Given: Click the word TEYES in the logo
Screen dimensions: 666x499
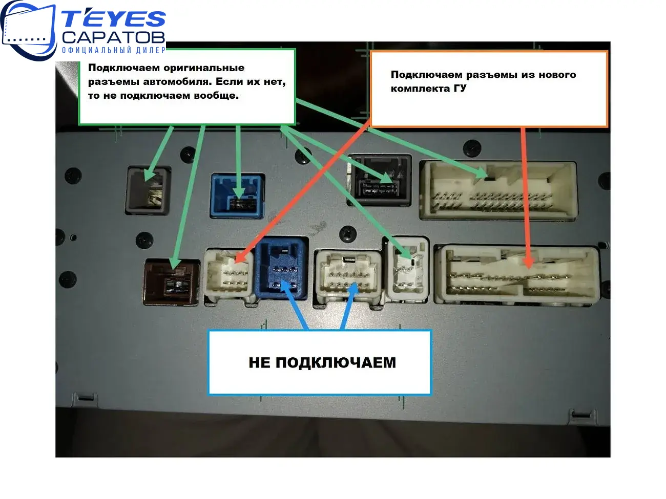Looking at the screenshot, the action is tap(114, 18).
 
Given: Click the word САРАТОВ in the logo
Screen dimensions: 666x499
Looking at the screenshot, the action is tap(114, 37).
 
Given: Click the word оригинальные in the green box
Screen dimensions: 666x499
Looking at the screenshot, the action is tap(204, 68).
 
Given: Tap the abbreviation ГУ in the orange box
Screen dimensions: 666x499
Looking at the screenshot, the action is tap(460, 88).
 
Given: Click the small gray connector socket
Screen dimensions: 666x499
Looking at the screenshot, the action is tap(149, 190).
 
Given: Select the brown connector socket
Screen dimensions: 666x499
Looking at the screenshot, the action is tap(172, 282).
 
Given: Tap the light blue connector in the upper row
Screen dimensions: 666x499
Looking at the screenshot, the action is tap(238, 196).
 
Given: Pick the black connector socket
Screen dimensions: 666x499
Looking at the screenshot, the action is tap(380, 180).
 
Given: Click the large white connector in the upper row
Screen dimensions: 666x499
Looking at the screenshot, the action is tap(498, 190).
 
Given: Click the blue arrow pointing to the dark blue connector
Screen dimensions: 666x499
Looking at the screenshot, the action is tap(294, 305).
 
